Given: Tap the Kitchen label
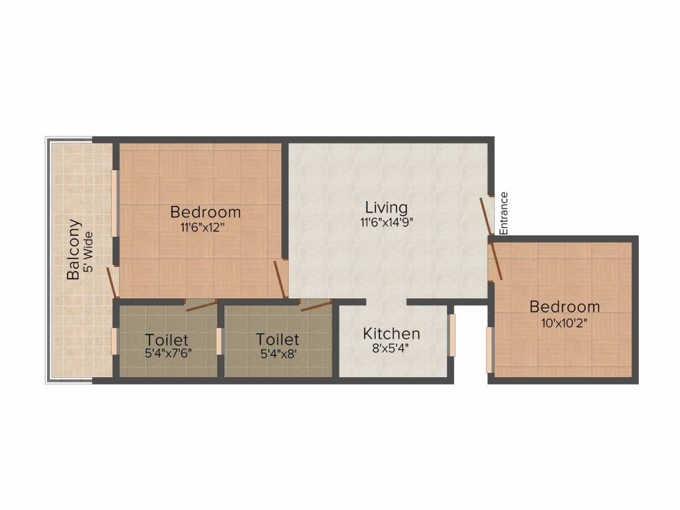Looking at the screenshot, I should pyautogui.click(x=391, y=333).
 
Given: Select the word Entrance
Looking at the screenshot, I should pyautogui.click(x=503, y=213).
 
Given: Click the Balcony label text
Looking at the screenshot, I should pyautogui.click(x=74, y=249).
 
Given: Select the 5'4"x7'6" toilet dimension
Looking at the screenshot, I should pyautogui.click(x=168, y=354).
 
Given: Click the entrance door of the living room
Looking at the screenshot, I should pyautogui.click(x=487, y=214).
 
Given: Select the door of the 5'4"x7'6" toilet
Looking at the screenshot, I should pyautogui.click(x=201, y=305).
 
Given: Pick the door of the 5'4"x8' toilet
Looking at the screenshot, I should pyautogui.click(x=315, y=305).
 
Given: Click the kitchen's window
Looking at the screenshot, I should pyautogui.click(x=452, y=335).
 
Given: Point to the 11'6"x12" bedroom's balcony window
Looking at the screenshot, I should pyautogui.click(x=115, y=203).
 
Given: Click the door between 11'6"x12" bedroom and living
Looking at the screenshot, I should pyautogui.click(x=281, y=280).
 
